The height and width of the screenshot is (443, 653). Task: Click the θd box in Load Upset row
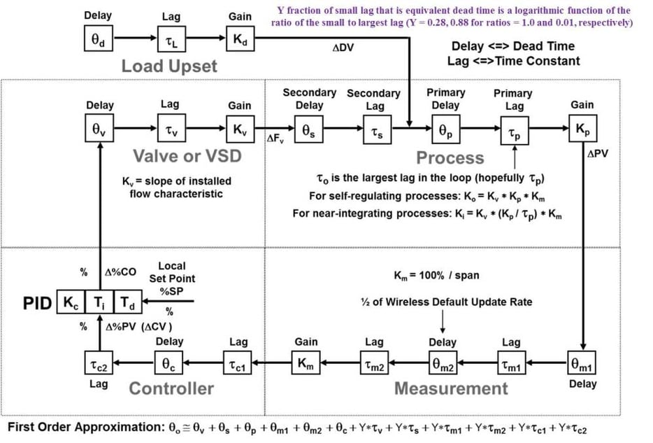[x=99, y=41]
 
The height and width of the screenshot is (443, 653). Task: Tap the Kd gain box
[x=240, y=41]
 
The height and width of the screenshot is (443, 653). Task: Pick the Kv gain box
[x=240, y=130]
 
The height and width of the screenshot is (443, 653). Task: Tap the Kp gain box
[x=582, y=130]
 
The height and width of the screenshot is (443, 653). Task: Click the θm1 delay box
[x=582, y=364]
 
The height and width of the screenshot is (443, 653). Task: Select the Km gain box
[x=306, y=364]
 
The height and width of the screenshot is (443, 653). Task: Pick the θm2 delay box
[x=443, y=364]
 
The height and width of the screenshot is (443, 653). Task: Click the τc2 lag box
[x=99, y=364]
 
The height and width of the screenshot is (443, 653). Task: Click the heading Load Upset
[x=169, y=66]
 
